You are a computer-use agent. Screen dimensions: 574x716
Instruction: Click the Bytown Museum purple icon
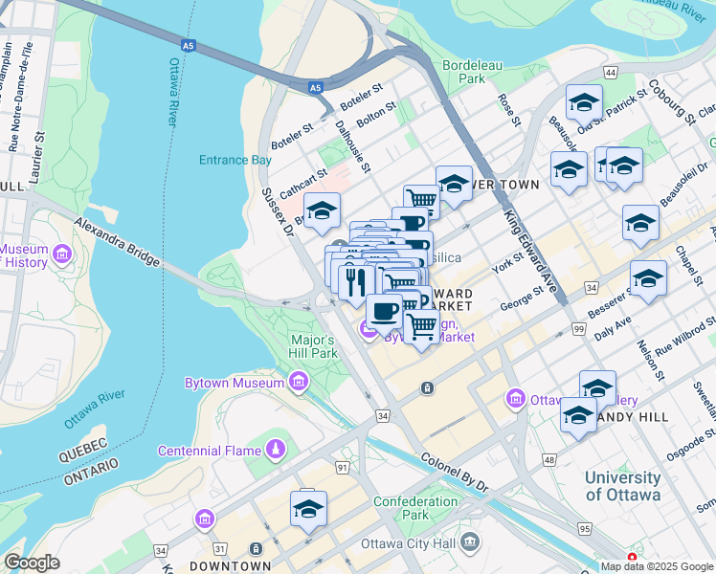[x=299, y=384]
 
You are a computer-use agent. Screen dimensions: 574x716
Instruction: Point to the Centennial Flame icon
[x=275, y=450]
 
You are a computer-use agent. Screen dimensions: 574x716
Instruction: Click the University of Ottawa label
[x=622, y=486]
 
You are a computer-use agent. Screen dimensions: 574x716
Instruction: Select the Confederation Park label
[x=415, y=508]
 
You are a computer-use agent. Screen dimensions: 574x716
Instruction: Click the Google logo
[x=32, y=562]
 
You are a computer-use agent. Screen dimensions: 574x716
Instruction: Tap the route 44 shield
[x=609, y=73]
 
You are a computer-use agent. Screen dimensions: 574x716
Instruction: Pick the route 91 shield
[x=342, y=467]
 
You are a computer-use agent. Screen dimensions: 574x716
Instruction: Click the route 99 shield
[x=578, y=328]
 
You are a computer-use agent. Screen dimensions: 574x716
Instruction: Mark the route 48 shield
[x=548, y=460]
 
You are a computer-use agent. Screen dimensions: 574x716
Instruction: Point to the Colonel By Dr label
[x=455, y=473]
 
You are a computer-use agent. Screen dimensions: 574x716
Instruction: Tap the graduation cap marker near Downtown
[x=308, y=510]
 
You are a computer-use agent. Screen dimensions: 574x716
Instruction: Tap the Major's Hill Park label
[x=312, y=346]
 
